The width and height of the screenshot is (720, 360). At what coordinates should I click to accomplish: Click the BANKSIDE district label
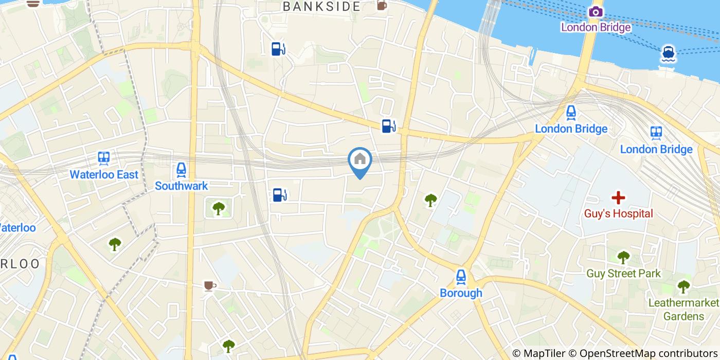pyautogui.click(x=321, y=7)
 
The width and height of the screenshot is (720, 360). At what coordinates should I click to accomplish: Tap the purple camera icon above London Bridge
pyautogui.click(x=596, y=11)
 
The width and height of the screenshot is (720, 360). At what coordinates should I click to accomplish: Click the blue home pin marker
pyautogui.click(x=360, y=160)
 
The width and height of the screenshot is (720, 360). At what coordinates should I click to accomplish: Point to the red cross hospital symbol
pyautogui.click(x=618, y=197)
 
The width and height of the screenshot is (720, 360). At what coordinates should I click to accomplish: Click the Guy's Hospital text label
pyautogui.click(x=618, y=213)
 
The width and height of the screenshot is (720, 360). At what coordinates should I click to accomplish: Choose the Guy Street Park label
pyautogui.click(x=623, y=274)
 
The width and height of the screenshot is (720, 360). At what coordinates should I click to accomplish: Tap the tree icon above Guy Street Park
pyautogui.click(x=623, y=257)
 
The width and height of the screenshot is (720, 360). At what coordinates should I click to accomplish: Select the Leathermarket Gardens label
pyautogui.click(x=683, y=309)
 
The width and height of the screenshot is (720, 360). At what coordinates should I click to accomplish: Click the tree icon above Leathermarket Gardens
pyautogui.click(x=683, y=286)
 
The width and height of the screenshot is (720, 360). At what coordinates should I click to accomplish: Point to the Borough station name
pyautogui.click(x=461, y=293)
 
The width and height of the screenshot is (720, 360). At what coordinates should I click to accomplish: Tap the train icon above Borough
pyautogui.click(x=461, y=277)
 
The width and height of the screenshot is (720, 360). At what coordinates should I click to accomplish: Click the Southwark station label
pyautogui.click(x=181, y=186)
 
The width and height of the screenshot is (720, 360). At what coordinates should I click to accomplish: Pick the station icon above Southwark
pyautogui.click(x=181, y=169)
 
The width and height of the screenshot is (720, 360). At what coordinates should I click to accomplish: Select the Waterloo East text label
pyautogui.click(x=104, y=175)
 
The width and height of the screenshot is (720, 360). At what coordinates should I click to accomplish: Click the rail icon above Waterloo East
pyautogui.click(x=104, y=158)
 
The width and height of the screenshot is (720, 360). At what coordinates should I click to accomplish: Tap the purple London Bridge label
pyautogui.click(x=596, y=27)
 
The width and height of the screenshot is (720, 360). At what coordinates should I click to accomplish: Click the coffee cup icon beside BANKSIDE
pyautogui.click(x=382, y=6)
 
